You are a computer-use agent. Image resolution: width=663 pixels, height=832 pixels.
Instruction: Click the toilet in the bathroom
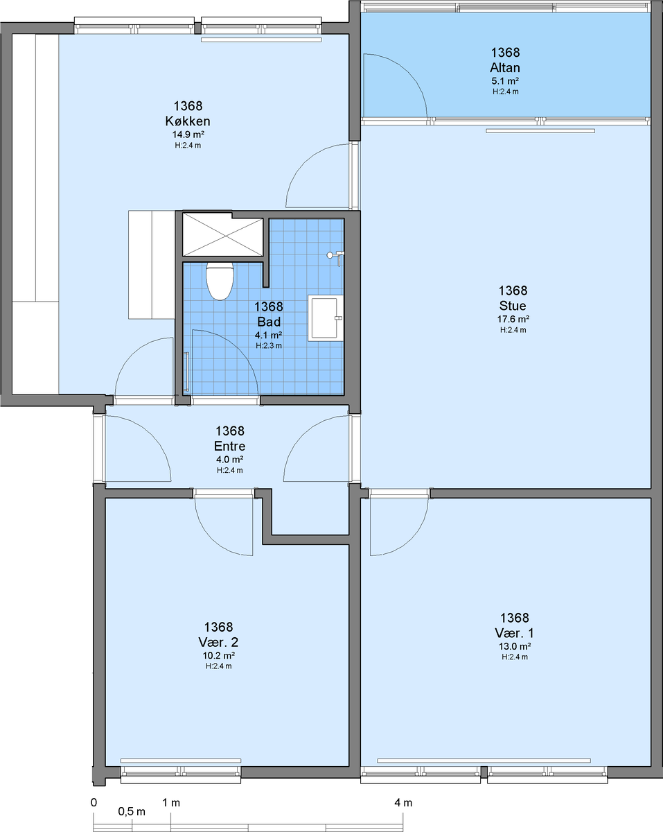(x=220, y=281)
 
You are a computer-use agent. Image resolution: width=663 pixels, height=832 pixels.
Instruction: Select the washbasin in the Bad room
(x=326, y=318)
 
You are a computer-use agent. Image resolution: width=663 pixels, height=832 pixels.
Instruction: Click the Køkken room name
(x=188, y=121)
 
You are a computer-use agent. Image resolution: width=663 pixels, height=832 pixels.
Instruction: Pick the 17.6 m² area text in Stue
(x=513, y=319)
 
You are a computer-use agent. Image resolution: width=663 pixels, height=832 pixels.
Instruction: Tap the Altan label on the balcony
(x=505, y=68)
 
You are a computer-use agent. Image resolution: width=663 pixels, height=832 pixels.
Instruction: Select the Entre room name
(x=229, y=446)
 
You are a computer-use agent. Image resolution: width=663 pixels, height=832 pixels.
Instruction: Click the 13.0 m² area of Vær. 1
(x=514, y=646)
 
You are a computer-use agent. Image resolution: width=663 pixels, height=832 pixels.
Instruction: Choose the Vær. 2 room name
(x=218, y=642)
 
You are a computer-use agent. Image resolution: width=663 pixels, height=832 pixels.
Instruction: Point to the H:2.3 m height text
(x=269, y=346)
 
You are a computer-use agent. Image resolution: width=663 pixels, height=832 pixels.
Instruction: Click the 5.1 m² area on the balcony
(x=505, y=81)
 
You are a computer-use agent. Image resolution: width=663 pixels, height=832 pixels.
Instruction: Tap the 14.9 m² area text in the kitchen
(x=188, y=135)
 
